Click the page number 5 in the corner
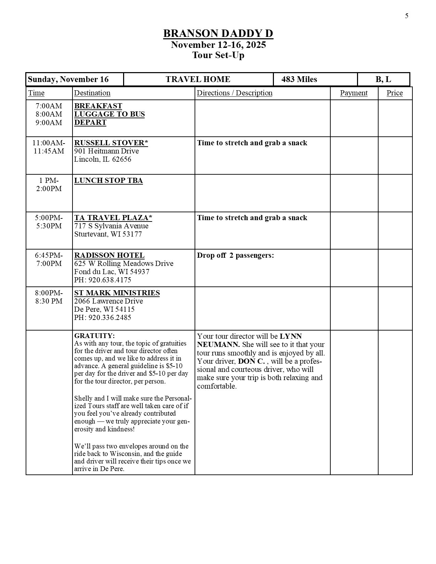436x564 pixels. coord(407,16)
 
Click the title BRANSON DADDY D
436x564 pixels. coord(218,33)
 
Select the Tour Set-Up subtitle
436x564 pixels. coord(218,55)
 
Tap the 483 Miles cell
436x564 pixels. coord(299,79)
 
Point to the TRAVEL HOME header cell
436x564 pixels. coord(198,79)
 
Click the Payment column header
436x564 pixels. coord(354,93)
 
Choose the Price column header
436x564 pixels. coord(395,93)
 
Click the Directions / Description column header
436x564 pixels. coord(235,93)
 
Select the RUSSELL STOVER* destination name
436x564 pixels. coord(111,143)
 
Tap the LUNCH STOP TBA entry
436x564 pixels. coord(108,180)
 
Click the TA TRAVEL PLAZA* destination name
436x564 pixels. coord(113,218)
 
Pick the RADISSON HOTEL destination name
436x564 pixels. coord(109,255)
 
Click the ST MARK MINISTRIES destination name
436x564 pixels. coord(117,293)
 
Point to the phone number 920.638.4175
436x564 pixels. coord(110,280)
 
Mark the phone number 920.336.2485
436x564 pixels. coord(110,318)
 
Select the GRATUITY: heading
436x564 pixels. coord(94,336)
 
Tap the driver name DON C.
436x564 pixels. coord(251,361)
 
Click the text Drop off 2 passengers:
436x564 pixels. coord(235,255)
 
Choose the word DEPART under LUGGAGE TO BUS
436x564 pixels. coord(90,122)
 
